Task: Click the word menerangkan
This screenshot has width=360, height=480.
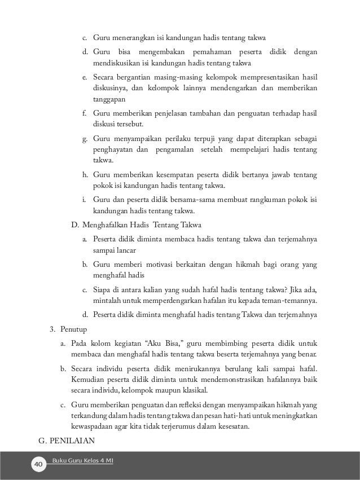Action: pos(134,39)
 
